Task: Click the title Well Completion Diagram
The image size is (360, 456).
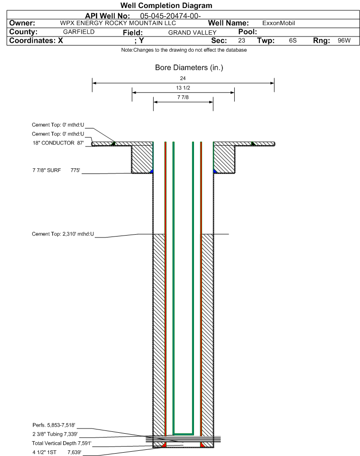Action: [166, 6]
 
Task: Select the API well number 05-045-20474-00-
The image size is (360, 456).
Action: [170, 16]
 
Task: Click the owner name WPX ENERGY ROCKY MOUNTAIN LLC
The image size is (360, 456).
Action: [118, 23]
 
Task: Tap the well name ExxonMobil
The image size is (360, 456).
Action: [278, 23]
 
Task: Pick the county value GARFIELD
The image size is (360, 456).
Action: [79, 32]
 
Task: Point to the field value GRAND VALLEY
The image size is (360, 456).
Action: [193, 33]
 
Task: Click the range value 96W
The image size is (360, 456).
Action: [344, 40]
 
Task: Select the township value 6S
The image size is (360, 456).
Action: [293, 40]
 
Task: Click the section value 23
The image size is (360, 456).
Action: [241, 40]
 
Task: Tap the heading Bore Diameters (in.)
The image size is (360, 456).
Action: [189, 68]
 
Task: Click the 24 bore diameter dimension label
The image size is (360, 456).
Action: [183, 78]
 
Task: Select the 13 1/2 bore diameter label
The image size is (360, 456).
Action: [183, 88]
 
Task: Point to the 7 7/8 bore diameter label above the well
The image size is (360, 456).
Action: [183, 98]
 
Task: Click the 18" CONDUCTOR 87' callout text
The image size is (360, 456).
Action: [58, 143]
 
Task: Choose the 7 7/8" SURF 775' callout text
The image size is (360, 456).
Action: [56, 171]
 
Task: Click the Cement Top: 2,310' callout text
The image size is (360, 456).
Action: [63, 234]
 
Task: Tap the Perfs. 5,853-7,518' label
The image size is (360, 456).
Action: [54, 425]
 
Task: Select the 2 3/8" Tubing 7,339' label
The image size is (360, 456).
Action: [55, 434]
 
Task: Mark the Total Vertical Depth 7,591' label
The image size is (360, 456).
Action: [62, 444]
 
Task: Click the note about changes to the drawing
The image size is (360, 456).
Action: [184, 50]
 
